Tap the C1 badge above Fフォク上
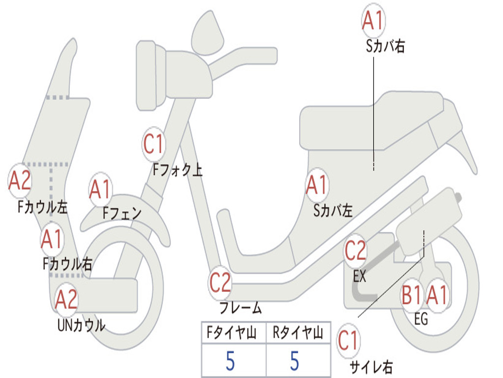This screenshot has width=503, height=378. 154,144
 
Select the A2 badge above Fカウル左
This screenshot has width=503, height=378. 20,180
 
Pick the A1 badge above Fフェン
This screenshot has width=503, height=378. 101,189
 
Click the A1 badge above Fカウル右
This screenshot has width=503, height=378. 52,239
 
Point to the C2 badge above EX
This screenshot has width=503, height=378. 356,251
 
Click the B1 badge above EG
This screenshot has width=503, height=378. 412,295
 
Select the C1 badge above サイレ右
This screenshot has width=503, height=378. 348,341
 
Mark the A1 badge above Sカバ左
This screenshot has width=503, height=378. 317,185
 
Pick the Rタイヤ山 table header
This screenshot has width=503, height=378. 298,332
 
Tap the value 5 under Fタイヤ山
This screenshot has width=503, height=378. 230,361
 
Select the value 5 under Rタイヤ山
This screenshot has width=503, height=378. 295,361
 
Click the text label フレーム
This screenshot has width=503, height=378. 241,308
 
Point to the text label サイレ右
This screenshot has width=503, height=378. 371,367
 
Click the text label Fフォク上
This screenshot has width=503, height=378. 177,169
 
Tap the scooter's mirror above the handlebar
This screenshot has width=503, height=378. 207,33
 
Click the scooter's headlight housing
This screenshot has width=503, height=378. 151,76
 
